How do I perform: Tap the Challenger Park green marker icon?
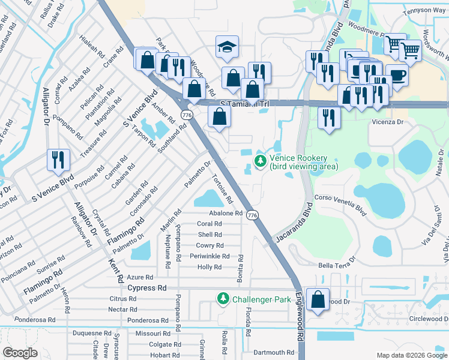coord(223,298)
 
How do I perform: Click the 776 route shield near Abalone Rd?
coord(253,215)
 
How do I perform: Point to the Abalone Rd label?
coord(225,213)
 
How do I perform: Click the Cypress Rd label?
coord(147,288)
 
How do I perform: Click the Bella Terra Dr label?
coord(337,263)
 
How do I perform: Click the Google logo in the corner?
coord(20,352)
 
